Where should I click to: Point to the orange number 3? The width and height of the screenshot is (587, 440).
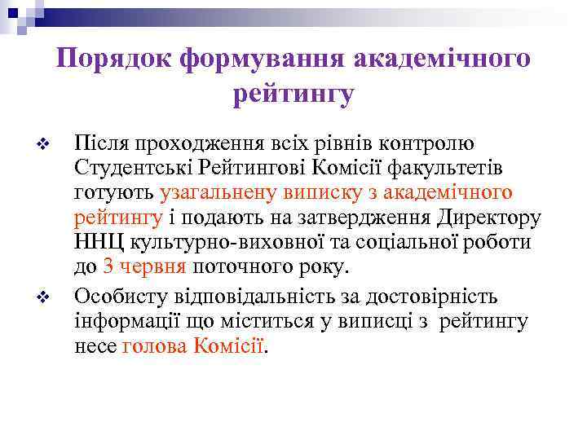coord(108,267)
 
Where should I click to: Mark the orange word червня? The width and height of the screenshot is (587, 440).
coord(154,267)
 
